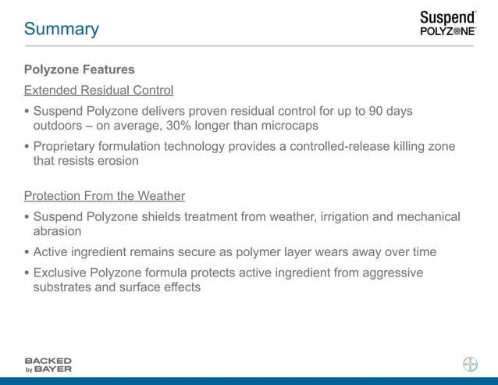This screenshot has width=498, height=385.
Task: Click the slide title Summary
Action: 61,29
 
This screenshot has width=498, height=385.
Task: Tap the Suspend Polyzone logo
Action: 446,23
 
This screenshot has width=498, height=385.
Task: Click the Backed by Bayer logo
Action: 48,365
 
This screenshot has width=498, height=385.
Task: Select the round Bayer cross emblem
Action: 470,364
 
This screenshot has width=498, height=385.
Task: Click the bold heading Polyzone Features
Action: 79,70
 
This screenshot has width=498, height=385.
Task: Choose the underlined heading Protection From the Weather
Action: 104,195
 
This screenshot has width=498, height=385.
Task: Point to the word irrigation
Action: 346,216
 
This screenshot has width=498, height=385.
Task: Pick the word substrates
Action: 64,287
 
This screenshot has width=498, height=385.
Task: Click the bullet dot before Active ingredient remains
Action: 27,252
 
